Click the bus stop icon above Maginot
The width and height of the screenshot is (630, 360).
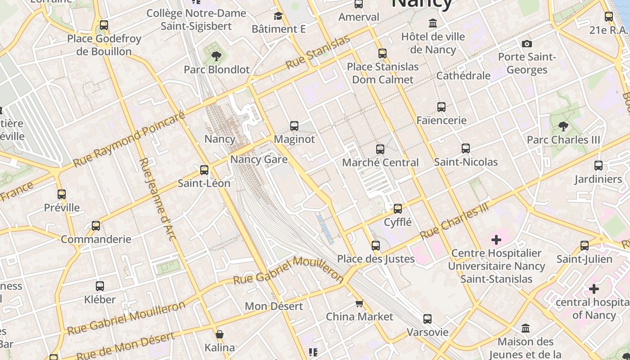294,126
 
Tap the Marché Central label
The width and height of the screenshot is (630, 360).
380,162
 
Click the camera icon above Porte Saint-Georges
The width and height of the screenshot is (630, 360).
527,44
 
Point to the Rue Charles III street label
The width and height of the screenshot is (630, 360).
454,221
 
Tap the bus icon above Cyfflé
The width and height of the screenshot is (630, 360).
397,209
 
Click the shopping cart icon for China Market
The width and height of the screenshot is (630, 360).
359,304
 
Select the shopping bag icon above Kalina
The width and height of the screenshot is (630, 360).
220,335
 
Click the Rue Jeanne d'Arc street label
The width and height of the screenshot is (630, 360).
157,199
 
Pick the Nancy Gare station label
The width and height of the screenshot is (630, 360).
259,159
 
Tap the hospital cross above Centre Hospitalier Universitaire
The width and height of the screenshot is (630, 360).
496,240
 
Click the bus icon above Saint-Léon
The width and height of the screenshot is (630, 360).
204,170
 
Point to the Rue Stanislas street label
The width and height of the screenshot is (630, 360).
318,52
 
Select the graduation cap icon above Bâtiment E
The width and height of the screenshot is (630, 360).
279,17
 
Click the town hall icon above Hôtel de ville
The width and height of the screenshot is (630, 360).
433,23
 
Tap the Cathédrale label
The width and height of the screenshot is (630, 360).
463,76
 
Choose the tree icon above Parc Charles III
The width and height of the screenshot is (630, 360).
563,126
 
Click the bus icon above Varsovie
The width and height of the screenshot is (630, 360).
427,319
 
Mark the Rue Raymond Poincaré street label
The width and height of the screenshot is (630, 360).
129,140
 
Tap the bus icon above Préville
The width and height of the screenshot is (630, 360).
62,194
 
